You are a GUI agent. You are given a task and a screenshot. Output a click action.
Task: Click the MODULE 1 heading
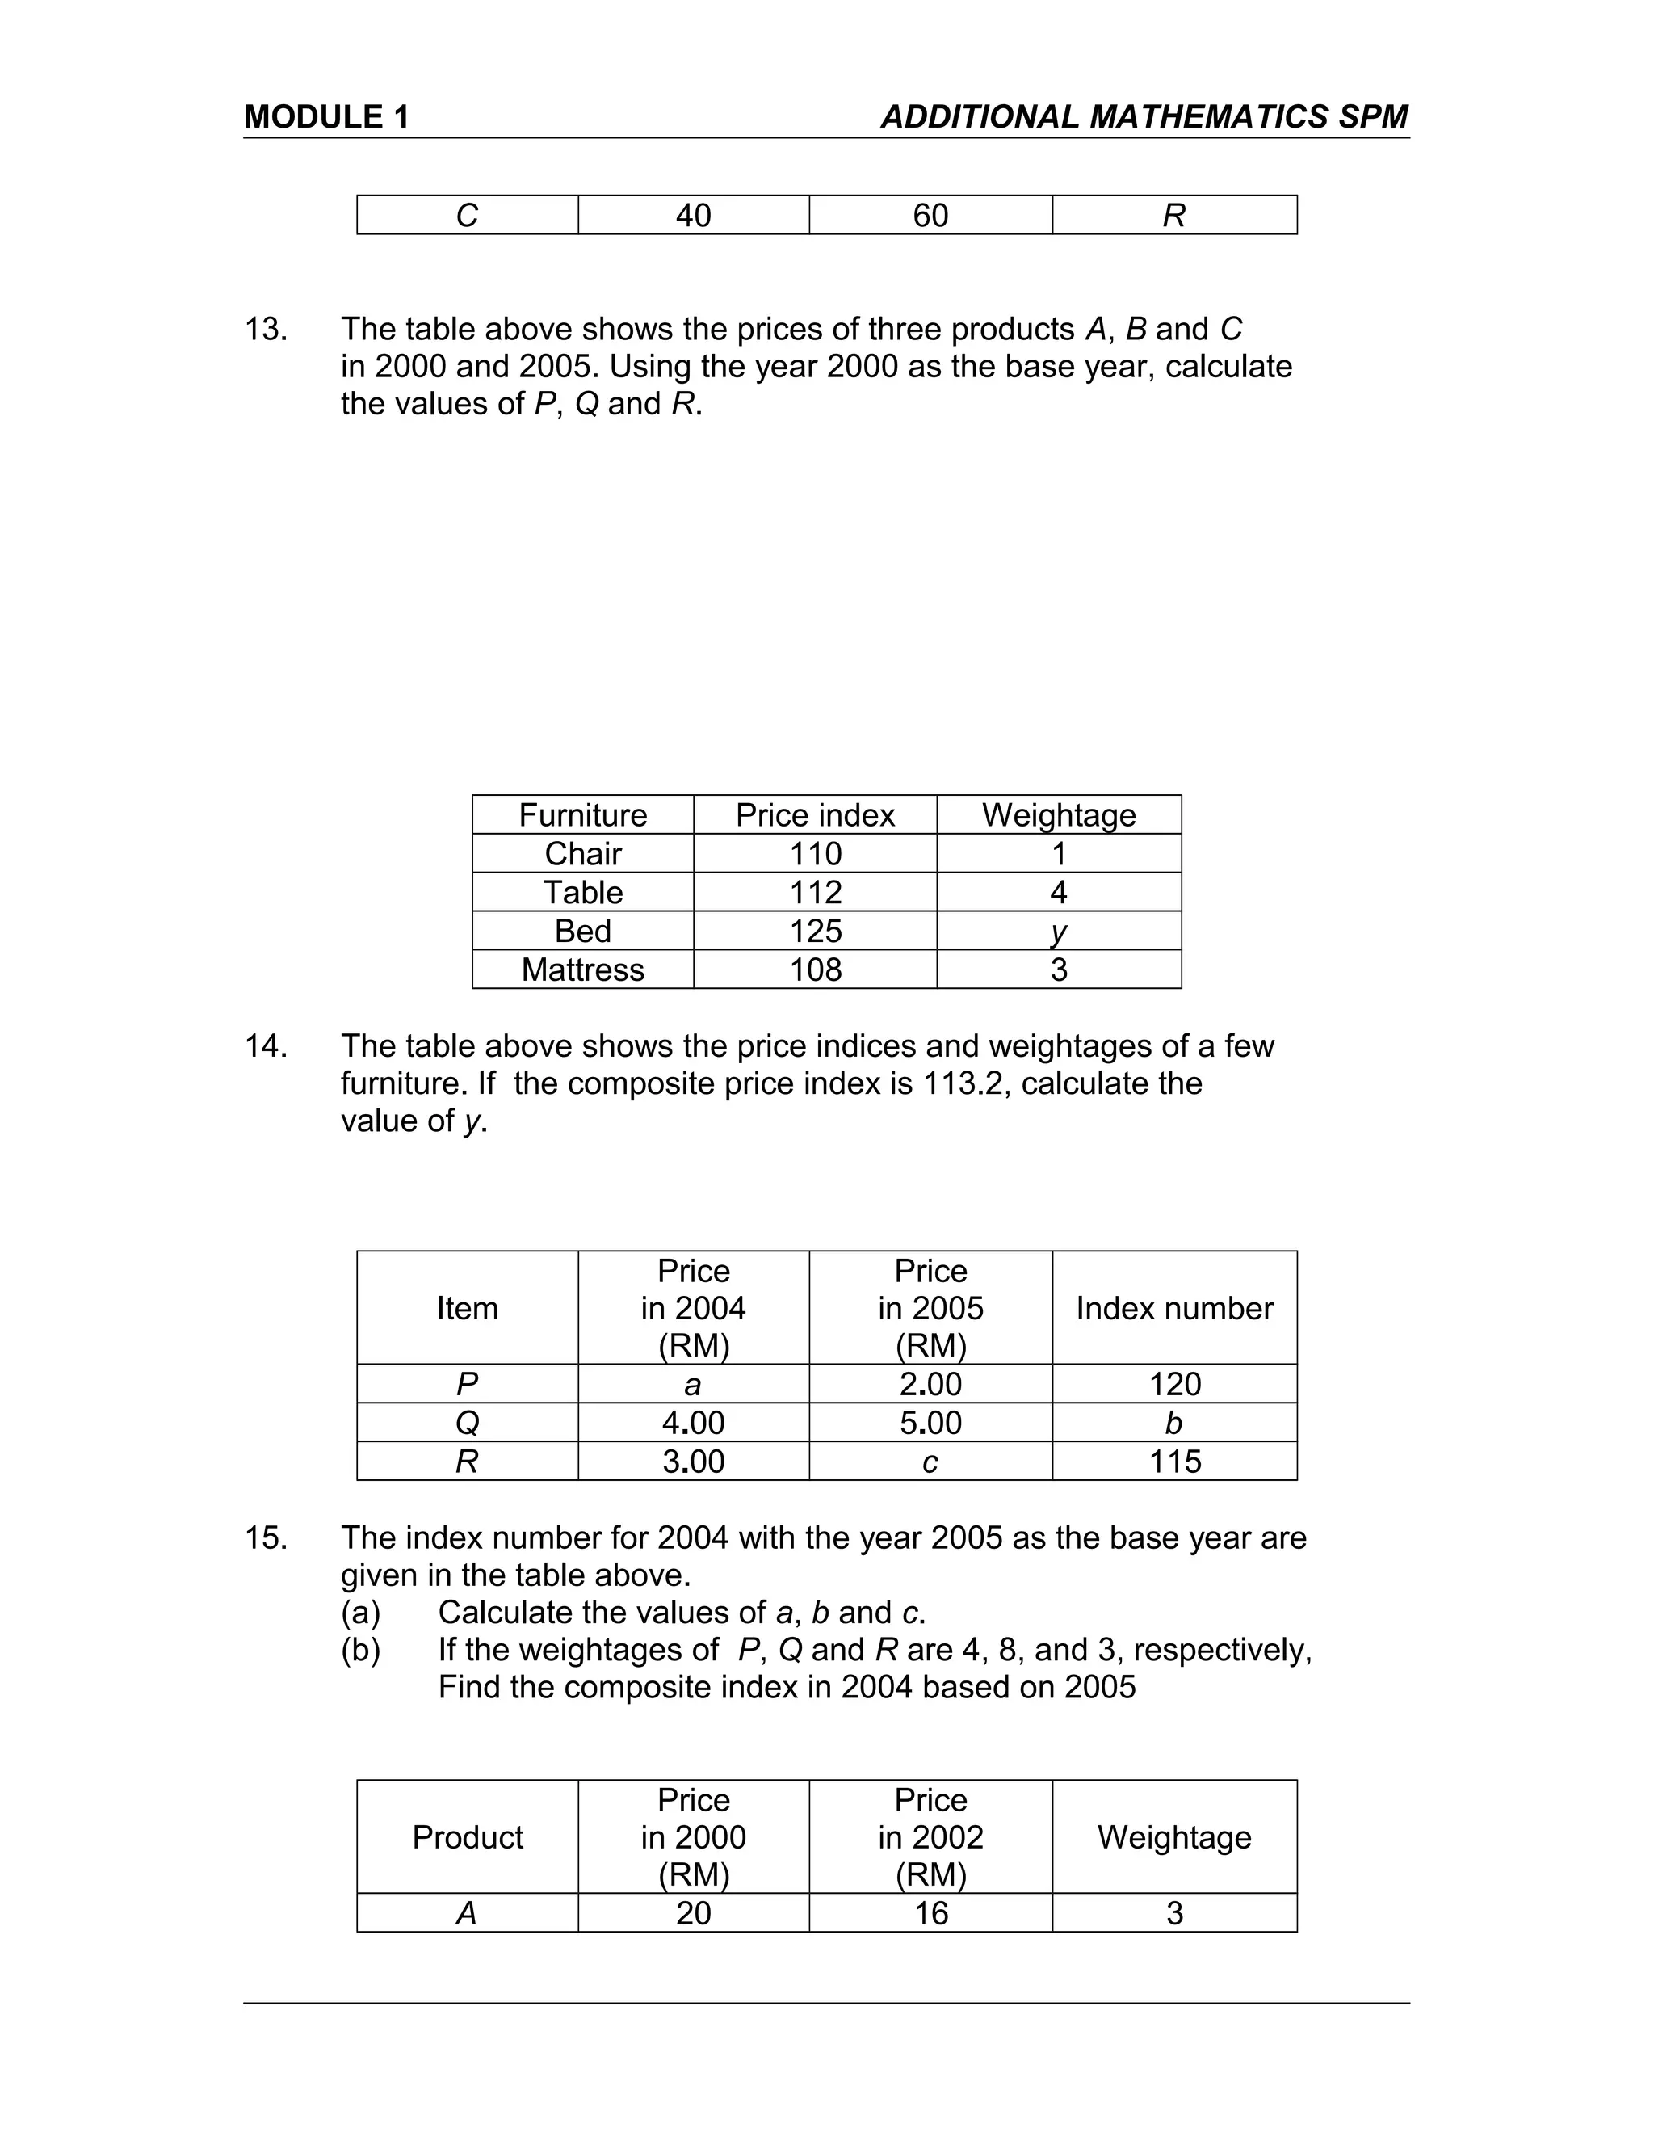(326, 116)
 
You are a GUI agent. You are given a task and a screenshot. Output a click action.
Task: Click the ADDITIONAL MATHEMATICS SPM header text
(1144, 116)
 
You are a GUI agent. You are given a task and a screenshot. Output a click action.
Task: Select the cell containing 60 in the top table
(930, 216)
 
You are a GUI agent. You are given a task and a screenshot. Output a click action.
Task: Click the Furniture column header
(582, 814)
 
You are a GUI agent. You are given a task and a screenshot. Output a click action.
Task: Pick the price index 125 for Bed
(815, 930)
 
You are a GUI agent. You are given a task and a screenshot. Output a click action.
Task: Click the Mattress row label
(582, 970)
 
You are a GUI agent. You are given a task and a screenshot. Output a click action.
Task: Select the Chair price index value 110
(815, 854)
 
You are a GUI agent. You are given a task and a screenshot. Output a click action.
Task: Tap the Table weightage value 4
(1058, 892)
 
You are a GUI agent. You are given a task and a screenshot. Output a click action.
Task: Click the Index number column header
(1173, 1308)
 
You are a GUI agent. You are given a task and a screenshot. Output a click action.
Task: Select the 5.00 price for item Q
(930, 1423)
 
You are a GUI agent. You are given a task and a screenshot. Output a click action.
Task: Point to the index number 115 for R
(1173, 1462)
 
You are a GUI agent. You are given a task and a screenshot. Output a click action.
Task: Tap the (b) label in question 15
(360, 1650)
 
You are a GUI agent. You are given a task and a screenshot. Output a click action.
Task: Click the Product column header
(468, 1837)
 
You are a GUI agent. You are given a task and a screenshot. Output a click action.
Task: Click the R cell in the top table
(1173, 216)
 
